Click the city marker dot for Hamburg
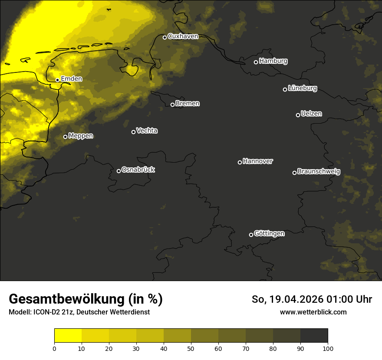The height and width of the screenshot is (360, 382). point(256,62)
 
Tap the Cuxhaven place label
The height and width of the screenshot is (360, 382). point(183,36)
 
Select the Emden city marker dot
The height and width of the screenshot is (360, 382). point(57,80)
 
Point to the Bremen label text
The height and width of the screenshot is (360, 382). point(188,104)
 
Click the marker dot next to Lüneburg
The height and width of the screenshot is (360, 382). point(285,89)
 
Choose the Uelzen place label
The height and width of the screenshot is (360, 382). point(311,114)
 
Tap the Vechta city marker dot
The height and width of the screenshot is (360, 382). point(133,132)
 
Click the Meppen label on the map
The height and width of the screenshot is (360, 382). point(81,136)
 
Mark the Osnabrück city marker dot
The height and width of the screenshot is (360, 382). point(119,171)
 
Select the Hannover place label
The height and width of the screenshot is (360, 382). point(258,161)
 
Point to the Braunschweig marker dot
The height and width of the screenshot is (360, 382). point(294,173)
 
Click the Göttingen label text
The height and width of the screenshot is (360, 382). point(269,234)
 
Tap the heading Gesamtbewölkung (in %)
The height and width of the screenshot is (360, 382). point(86,299)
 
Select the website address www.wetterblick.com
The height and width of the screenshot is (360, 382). point(313,312)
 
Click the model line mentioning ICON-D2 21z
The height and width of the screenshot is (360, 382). point(79,312)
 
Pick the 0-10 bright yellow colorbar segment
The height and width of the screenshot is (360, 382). point(68,336)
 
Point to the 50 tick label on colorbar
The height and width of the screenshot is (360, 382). point(191,348)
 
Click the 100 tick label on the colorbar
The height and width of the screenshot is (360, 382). point(327,348)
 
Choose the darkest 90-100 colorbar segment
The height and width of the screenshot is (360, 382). point(314,336)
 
